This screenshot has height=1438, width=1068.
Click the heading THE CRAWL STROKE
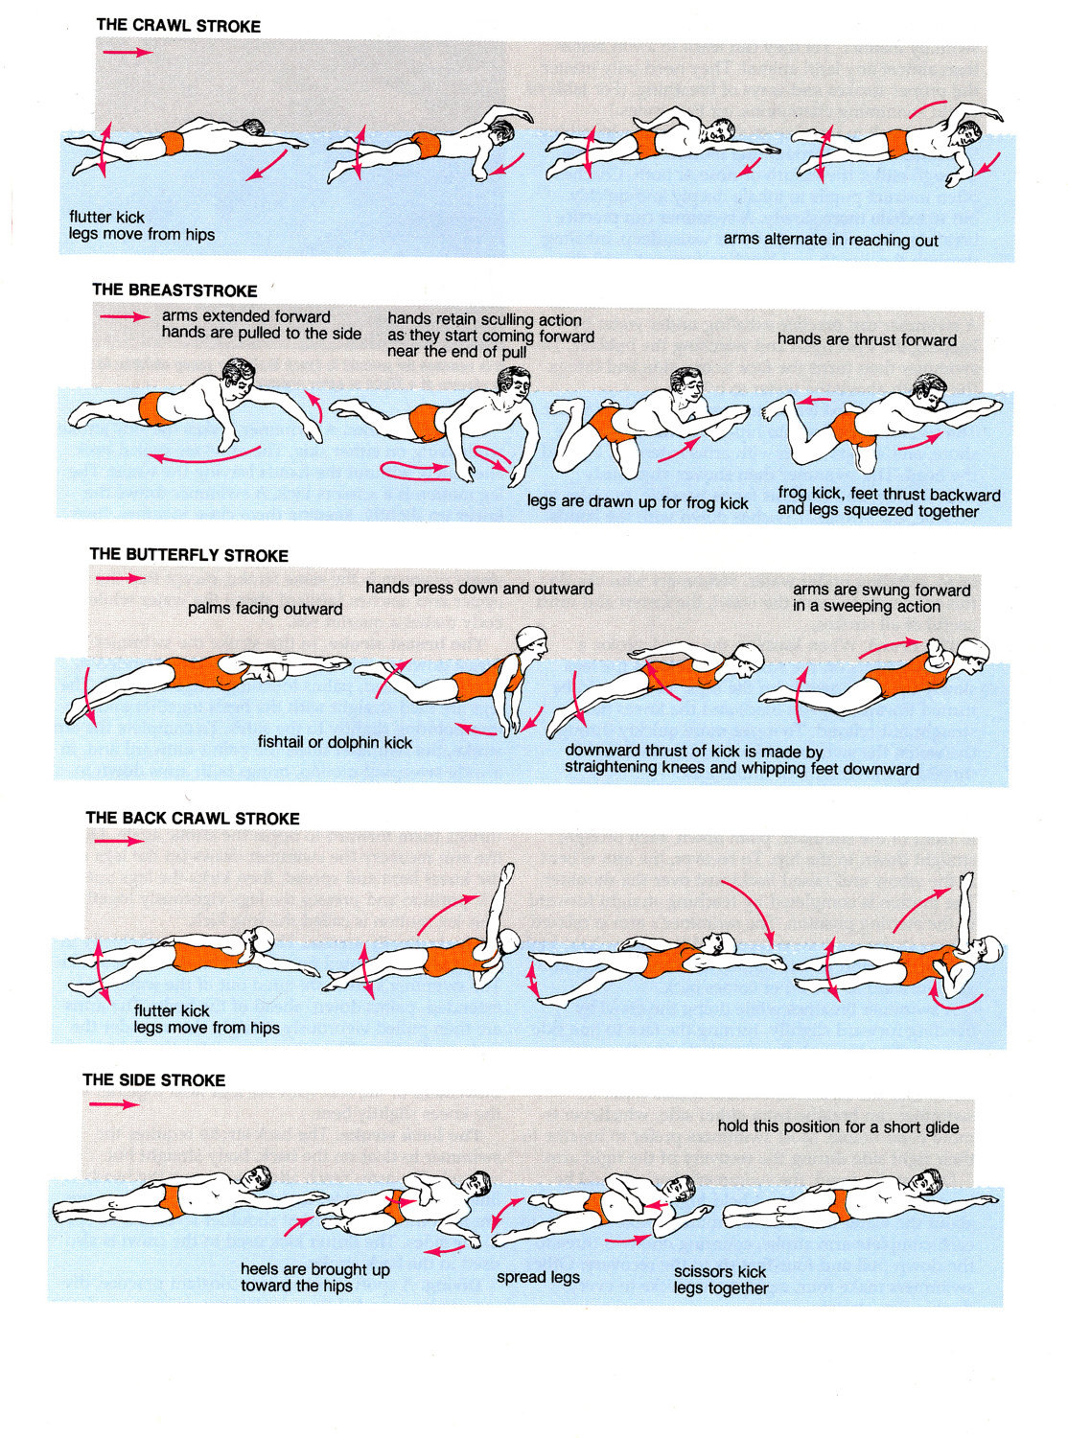pos(178,26)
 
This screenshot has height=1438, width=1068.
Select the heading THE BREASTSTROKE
pos(174,290)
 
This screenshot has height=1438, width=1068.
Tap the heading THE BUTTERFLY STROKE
pos(189,555)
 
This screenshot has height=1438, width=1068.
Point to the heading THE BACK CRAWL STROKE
pos(193,818)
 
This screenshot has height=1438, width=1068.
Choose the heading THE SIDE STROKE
pos(153,1079)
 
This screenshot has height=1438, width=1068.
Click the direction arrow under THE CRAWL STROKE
pos(128,52)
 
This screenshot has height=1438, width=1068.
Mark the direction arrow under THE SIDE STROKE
pos(114,1104)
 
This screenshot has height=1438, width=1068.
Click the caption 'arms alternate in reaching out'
pos(830,240)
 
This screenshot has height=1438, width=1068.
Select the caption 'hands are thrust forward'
pos(867,339)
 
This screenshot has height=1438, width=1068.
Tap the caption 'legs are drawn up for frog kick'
pos(638,501)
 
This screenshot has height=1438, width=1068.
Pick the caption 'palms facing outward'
pos(265,609)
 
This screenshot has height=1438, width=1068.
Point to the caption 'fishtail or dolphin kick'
pos(335,742)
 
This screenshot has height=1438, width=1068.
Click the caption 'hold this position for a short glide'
pos(838,1126)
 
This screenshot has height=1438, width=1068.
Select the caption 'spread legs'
pos(538,1277)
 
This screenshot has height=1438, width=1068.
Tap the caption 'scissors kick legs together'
pos(720,1280)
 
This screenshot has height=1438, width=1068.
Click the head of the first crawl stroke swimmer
pos(252,129)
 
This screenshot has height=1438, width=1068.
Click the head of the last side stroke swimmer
pos(926,1181)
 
